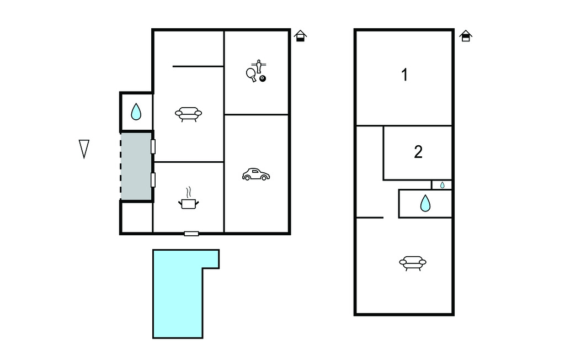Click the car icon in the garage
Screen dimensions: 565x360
(256, 174)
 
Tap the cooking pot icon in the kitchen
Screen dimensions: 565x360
(189, 199)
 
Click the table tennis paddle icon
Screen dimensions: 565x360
(252, 75)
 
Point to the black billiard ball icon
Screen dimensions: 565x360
(263, 78)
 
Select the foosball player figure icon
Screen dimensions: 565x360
(259, 66)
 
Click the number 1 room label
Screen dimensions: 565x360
(404, 75)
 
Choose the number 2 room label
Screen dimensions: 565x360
(418, 152)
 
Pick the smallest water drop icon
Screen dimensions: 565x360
(442, 185)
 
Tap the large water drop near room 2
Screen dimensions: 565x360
(425, 203)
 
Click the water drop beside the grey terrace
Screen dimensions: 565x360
(136, 112)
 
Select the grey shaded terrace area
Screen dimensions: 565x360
(136, 166)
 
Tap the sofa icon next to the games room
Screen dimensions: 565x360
(189, 114)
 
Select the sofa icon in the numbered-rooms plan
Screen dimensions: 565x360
(413, 263)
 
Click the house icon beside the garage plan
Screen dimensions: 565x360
(300, 36)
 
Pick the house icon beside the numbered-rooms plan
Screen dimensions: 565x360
(466, 36)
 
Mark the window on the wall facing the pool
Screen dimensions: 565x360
(191, 234)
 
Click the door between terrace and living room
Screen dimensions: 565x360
(153, 147)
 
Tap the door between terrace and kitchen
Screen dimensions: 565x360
(153, 180)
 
